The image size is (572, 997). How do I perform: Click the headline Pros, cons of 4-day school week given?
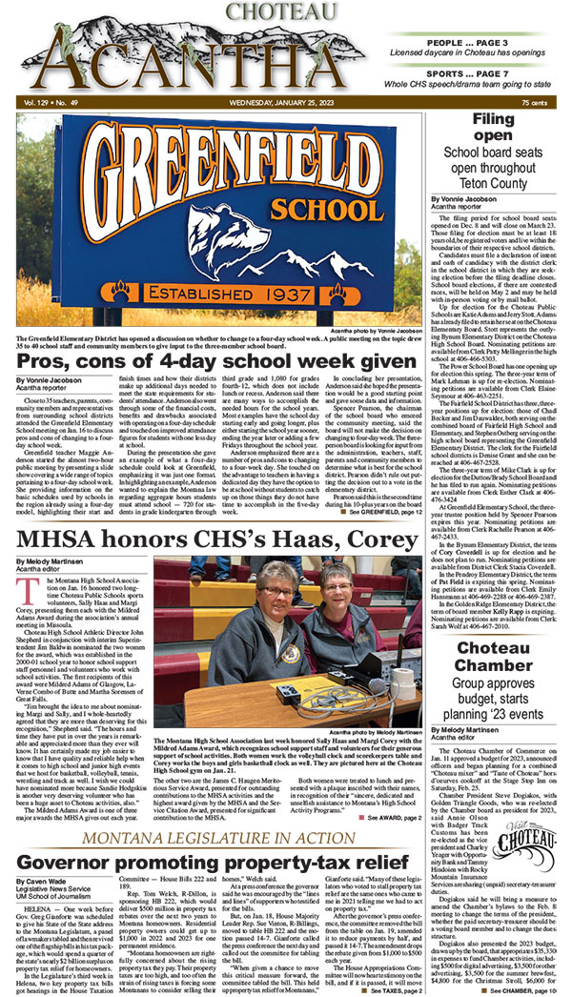click(211, 361)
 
